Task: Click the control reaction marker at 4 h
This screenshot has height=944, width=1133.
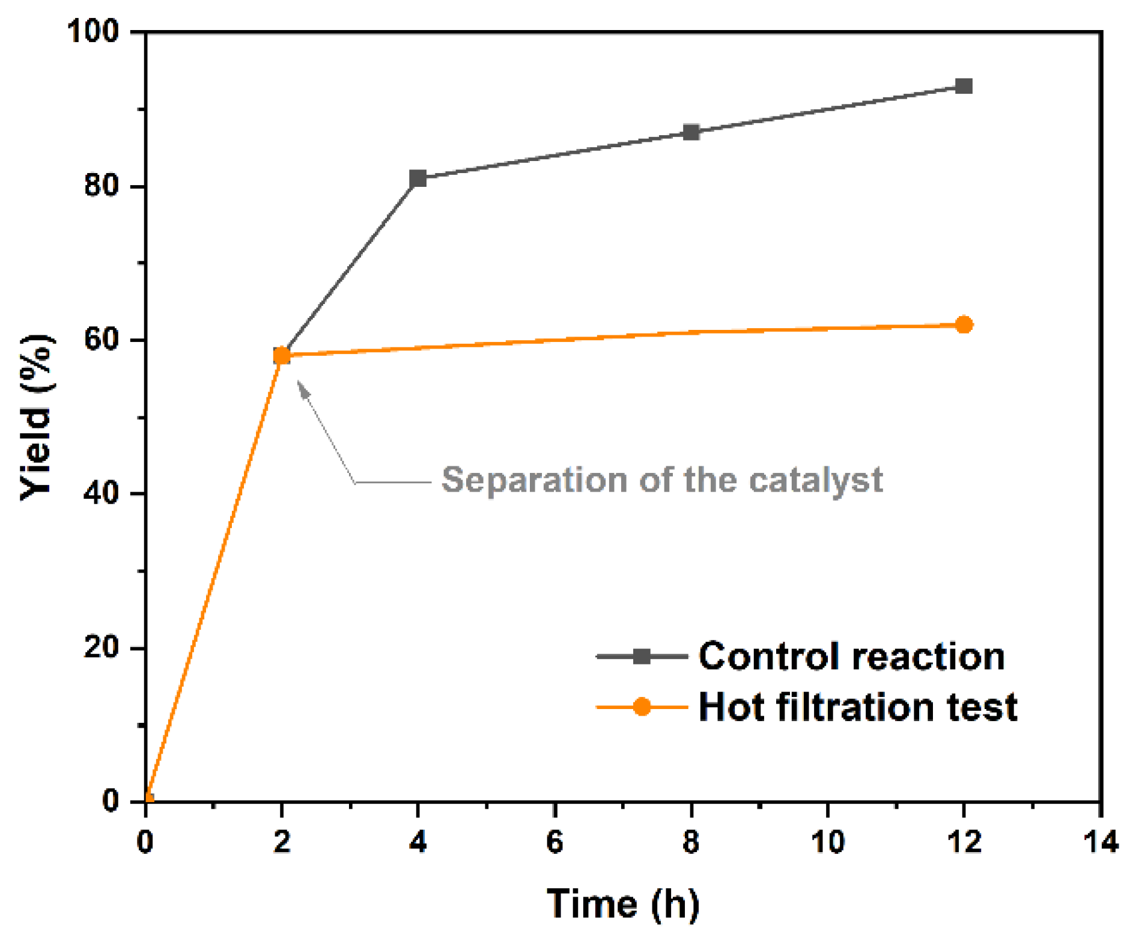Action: tap(418, 178)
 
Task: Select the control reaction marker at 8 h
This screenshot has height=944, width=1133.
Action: tap(691, 132)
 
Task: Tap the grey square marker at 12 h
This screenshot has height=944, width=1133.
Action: tap(963, 86)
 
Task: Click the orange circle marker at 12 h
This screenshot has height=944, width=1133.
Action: tap(963, 324)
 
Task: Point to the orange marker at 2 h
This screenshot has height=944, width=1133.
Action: tap(281, 356)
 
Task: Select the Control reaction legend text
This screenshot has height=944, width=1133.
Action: tap(851, 656)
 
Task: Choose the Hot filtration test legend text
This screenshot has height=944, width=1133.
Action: tap(857, 707)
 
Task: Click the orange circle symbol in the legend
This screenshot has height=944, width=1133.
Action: tap(642, 707)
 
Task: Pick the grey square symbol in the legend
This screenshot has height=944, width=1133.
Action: tap(642, 656)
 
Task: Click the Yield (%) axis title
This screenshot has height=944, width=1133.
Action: tap(37, 416)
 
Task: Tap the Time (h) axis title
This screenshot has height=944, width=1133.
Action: tap(622, 903)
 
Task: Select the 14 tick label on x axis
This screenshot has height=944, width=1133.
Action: tap(1101, 841)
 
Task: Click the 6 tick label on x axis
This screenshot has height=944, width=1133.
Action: tap(554, 841)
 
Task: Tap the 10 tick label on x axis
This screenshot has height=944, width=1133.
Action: tap(828, 841)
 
